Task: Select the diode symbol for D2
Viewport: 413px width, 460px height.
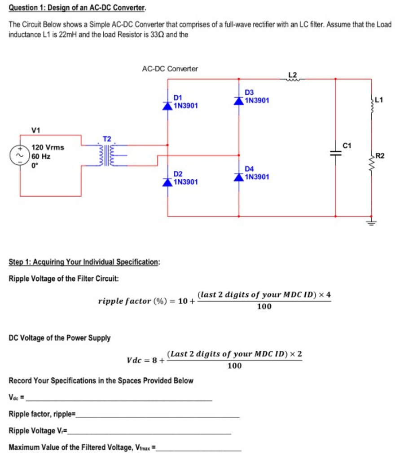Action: coord(168,181)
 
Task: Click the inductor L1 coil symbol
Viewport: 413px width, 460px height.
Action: coord(371,105)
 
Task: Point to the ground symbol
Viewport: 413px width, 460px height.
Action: coord(371,221)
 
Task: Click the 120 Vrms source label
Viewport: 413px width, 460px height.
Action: coord(48,147)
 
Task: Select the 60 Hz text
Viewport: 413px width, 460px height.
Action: coord(41,156)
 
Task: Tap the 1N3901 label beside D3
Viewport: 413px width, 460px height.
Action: coord(257,100)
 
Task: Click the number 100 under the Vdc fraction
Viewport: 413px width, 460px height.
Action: coord(234,366)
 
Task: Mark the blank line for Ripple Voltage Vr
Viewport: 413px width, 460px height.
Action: coord(150,433)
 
